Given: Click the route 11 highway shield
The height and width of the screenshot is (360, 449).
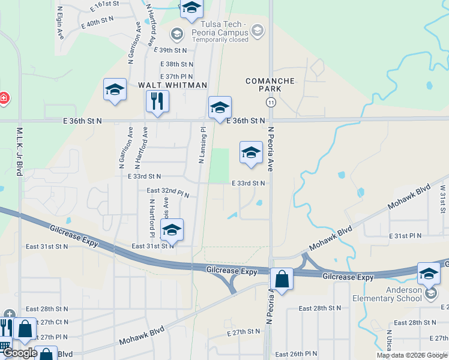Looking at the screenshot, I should tap(271, 103).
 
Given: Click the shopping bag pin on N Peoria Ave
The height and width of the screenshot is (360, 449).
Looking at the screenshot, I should tap(282, 279).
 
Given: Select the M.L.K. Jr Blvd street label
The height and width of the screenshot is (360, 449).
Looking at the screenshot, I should tap(20, 151).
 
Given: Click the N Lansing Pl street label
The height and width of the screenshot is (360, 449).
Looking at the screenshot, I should tap(202, 145).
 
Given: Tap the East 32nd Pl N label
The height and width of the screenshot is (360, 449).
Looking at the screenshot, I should tap(168, 192).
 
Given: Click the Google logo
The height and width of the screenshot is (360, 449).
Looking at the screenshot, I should tap(19, 353).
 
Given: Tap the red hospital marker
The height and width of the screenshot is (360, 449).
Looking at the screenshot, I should tap(3, 97).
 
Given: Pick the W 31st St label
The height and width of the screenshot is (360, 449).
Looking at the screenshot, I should tap(443, 199).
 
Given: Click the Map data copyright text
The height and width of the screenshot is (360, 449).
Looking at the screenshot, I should tap(412, 355).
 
